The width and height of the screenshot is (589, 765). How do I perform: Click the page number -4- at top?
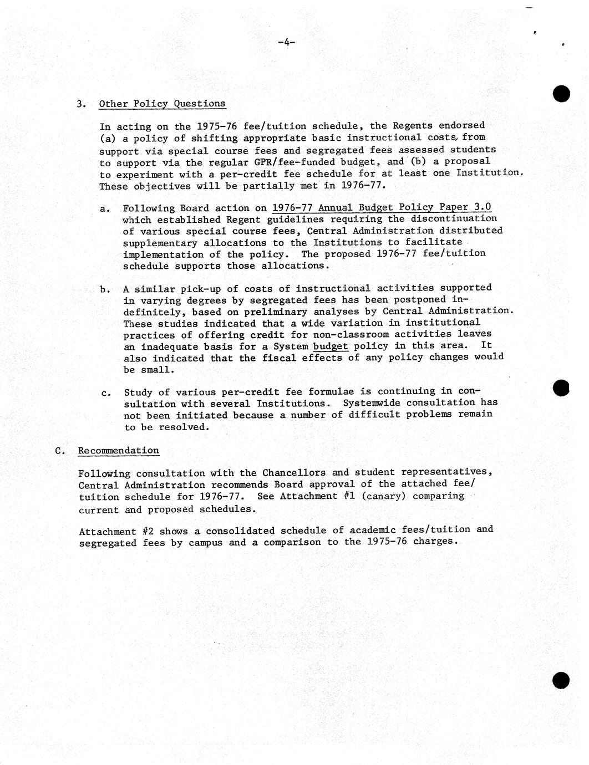pyautogui.click(x=286, y=42)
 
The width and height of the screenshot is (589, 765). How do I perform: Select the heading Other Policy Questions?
pyautogui.click(x=162, y=104)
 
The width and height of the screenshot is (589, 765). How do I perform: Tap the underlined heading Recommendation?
pyautogui.click(x=118, y=451)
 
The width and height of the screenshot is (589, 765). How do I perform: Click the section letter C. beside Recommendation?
pyautogui.click(x=60, y=451)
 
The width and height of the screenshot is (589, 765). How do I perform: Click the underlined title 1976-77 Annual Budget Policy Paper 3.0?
pyautogui.click(x=381, y=207)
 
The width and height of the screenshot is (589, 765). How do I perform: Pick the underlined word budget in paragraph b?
pyautogui.click(x=331, y=346)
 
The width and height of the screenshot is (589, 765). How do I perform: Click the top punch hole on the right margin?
pyautogui.click(x=561, y=93)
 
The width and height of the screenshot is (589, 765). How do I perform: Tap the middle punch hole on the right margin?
pyautogui.click(x=561, y=388)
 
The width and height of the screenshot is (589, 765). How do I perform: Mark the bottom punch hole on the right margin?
pyautogui.click(x=561, y=680)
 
